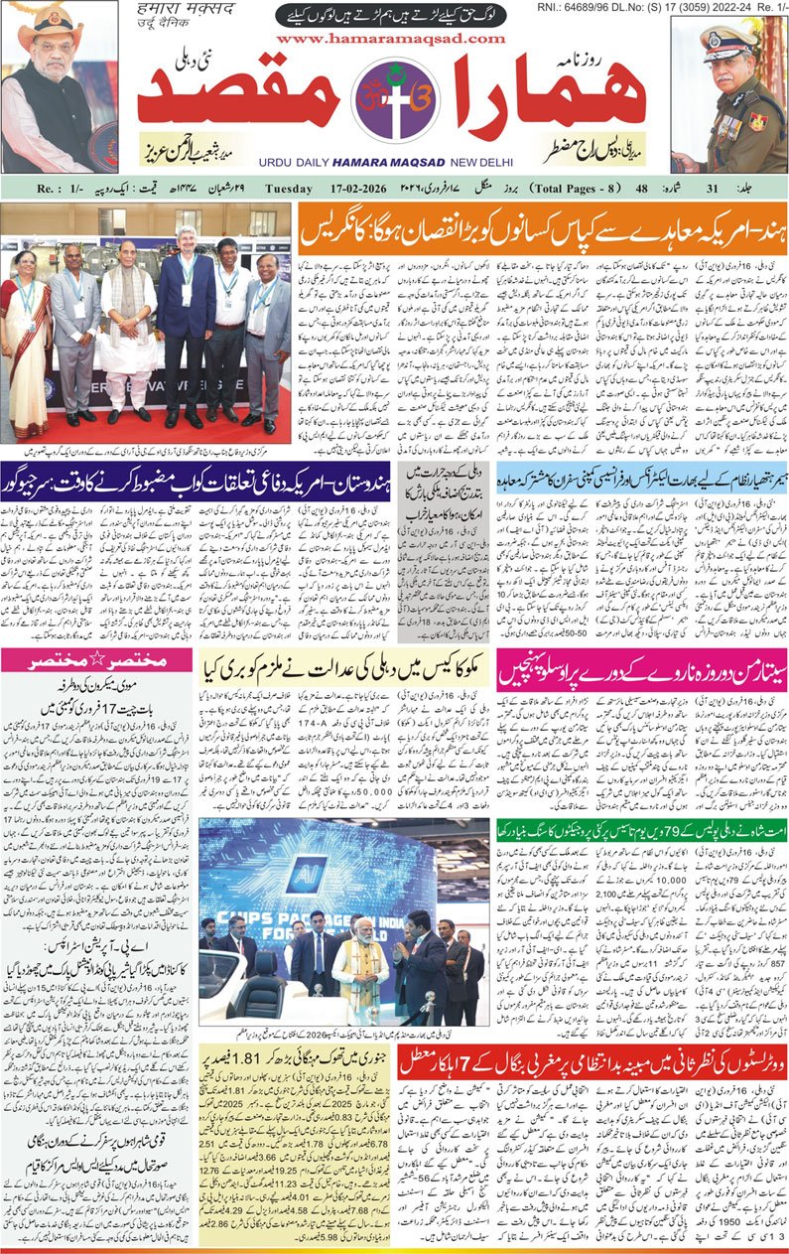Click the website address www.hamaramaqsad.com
[393, 39]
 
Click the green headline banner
[641, 829]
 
